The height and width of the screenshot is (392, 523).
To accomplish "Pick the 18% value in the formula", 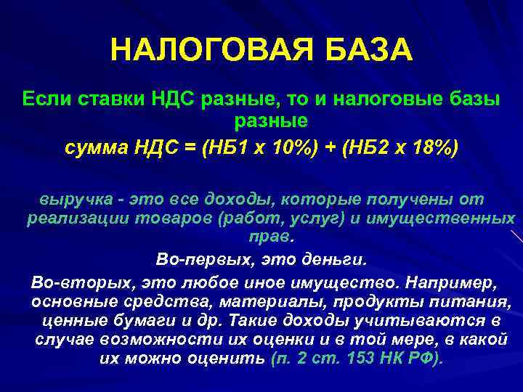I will click(432, 147).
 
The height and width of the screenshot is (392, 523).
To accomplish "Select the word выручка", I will click(72, 199).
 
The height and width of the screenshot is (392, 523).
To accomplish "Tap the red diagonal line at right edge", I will click(516, 236).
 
